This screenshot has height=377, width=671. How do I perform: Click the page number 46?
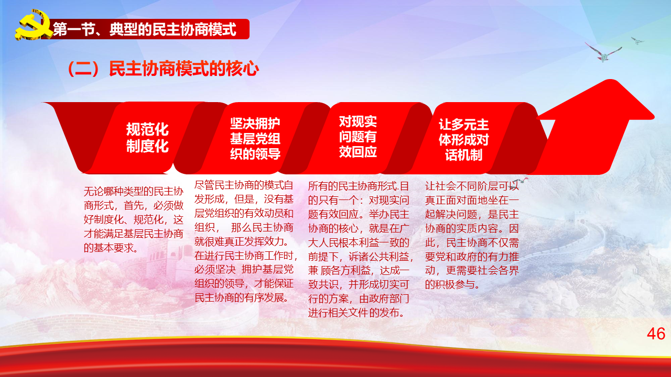(x=656, y=334)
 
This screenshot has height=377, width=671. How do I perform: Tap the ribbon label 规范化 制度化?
(x=147, y=138)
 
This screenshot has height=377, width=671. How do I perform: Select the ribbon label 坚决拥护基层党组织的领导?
(x=255, y=139)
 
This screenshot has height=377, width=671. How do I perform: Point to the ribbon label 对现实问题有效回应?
(x=358, y=137)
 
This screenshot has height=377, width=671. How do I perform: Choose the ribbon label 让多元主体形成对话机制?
(x=464, y=140)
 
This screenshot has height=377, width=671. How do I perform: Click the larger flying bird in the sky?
(x=603, y=53)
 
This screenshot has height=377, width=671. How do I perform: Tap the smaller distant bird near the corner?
(x=637, y=40)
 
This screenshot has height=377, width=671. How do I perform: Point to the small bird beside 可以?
(x=521, y=181)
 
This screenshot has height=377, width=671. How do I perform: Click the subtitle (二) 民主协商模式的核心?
(x=163, y=69)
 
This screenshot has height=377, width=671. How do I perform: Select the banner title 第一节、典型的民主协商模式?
(x=145, y=29)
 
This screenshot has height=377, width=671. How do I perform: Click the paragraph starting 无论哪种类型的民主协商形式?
(x=133, y=219)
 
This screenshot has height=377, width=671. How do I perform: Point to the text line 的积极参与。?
(x=452, y=284)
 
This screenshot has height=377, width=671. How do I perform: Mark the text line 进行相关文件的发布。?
(x=356, y=313)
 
